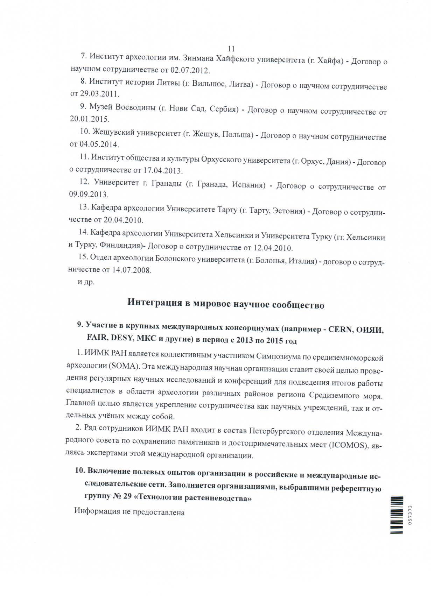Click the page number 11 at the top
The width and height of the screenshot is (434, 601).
pyautogui.click(x=231, y=49)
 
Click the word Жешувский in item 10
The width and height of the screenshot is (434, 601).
pyautogui.click(x=113, y=132)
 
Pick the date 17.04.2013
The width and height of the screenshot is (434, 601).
pyautogui.click(x=162, y=171)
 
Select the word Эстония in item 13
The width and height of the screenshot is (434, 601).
pyautogui.click(x=288, y=211)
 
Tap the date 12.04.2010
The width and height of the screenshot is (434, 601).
pyautogui.click(x=273, y=248)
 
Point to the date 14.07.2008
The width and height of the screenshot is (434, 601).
pyautogui.click(x=131, y=270)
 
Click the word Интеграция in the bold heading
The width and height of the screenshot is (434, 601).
pyautogui.click(x=155, y=302)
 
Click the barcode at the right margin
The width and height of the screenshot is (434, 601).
pyautogui.click(x=397, y=515)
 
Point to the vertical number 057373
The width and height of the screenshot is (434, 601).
pyautogui.click(x=410, y=515)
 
